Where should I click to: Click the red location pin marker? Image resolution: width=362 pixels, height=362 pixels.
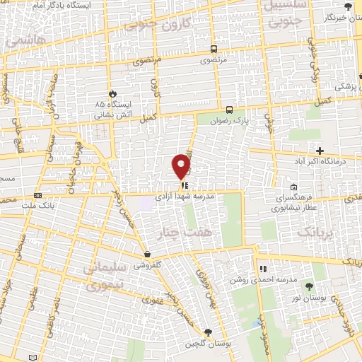[x=182, y=166]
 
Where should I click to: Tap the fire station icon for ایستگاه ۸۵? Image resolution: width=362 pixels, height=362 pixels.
[x=112, y=94]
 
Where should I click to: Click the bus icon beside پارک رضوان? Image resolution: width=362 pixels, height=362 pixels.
[x=228, y=110]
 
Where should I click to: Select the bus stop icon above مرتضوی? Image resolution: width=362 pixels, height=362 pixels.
[x=214, y=49]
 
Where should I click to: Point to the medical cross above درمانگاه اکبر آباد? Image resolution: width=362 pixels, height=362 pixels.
[x=320, y=151]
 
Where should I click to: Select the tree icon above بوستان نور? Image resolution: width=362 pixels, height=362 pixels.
[x=309, y=286]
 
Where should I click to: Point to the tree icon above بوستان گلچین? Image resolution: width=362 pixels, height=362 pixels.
[x=207, y=332]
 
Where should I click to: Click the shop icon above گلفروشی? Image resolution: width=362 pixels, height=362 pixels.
[x=146, y=255]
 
